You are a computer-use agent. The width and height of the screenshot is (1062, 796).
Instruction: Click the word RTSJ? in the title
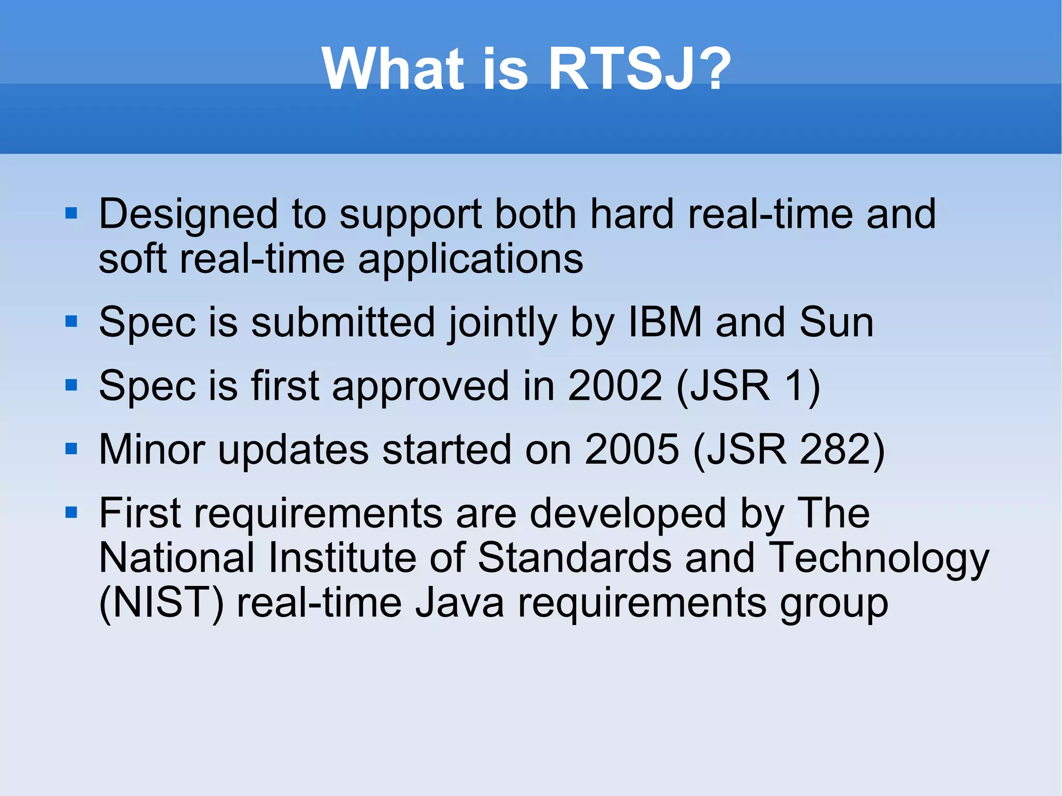(x=639, y=68)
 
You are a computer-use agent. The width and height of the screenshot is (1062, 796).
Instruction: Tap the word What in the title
(x=392, y=68)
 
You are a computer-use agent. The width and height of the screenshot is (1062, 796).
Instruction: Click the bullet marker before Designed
(x=72, y=213)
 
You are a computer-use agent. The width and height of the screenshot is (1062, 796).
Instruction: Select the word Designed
(x=188, y=214)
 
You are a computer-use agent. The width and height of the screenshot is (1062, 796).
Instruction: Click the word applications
(x=470, y=259)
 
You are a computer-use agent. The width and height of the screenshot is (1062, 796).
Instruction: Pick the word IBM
(x=665, y=322)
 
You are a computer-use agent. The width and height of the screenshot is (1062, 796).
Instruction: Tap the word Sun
(x=836, y=322)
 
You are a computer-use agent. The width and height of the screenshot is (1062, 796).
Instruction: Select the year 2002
(x=615, y=386)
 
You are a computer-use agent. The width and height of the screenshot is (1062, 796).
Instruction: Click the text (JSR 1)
(x=748, y=387)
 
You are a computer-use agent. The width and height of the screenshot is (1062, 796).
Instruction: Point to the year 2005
(x=632, y=449)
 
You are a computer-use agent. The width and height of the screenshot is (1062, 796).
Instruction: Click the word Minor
(x=152, y=449)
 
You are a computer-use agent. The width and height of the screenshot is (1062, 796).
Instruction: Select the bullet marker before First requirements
(x=72, y=513)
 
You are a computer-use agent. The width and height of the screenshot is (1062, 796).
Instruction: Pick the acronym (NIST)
(x=161, y=604)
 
